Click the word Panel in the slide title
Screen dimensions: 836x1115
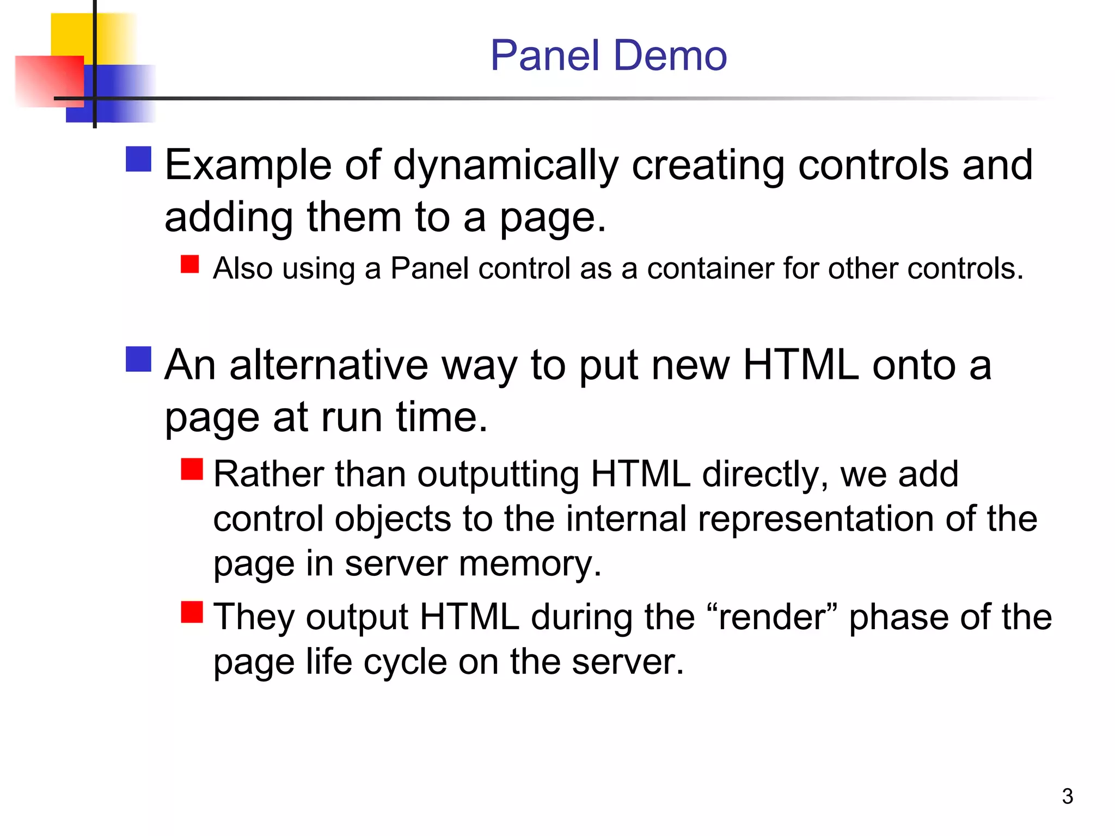(x=545, y=56)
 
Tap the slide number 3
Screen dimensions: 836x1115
(x=1067, y=796)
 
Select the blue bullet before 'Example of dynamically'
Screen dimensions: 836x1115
(x=138, y=159)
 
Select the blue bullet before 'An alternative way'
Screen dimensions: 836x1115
(x=138, y=359)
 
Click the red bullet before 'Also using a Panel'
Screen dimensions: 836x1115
(x=190, y=264)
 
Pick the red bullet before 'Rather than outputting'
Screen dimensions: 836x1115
(x=192, y=469)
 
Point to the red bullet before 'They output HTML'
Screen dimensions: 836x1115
(x=192, y=612)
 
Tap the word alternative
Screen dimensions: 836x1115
(x=329, y=365)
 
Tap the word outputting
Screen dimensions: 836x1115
(x=498, y=475)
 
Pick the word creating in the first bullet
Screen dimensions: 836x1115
(x=708, y=165)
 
